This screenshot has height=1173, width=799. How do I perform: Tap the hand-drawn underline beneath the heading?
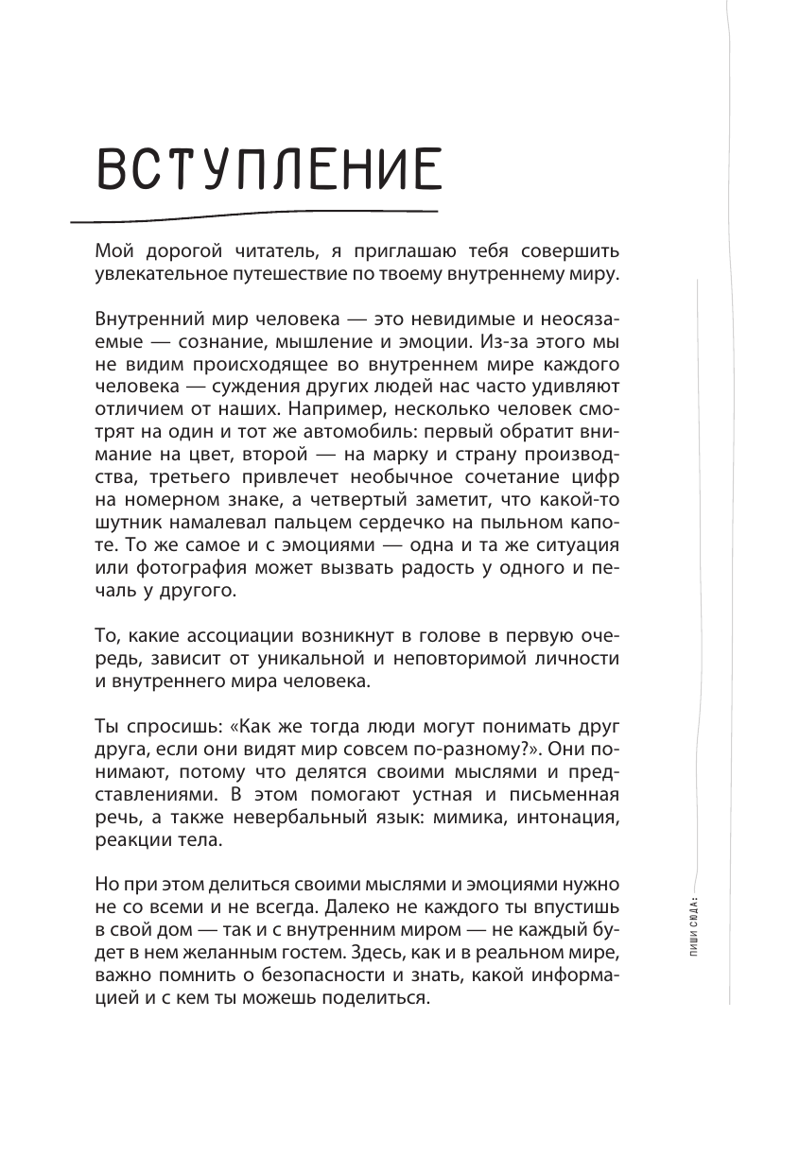(255, 216)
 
